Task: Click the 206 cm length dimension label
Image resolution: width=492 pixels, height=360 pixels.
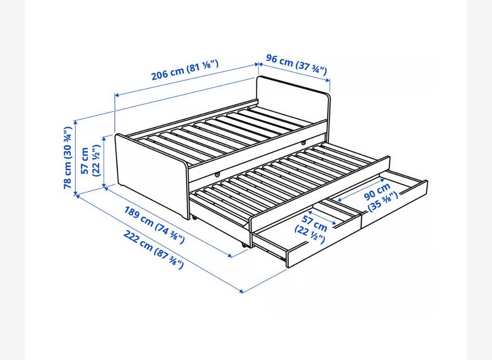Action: tap(185, 70)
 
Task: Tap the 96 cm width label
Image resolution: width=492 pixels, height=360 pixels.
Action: tap(297, 64)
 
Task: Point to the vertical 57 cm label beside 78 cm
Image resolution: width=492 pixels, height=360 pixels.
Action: tap(90, 161)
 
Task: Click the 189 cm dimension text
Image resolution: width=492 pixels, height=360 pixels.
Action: tap(154, 225)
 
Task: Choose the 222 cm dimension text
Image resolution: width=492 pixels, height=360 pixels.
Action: tap(153, 249)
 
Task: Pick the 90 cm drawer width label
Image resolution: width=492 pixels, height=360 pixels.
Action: tap(381, 198)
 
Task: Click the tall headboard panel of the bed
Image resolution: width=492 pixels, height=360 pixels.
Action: tap(293, 100)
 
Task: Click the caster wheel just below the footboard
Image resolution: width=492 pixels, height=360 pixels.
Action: tap(195, 218)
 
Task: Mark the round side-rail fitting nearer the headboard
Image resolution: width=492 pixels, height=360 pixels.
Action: tap(303, 143)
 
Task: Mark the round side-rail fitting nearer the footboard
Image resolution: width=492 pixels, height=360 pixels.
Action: tap(217, 174)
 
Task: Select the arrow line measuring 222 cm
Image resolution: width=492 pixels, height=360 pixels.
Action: tap(158, 244)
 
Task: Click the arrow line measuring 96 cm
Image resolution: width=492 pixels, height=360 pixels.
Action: tap(294, 72)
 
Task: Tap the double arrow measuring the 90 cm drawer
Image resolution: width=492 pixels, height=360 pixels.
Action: tap(361, 190)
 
